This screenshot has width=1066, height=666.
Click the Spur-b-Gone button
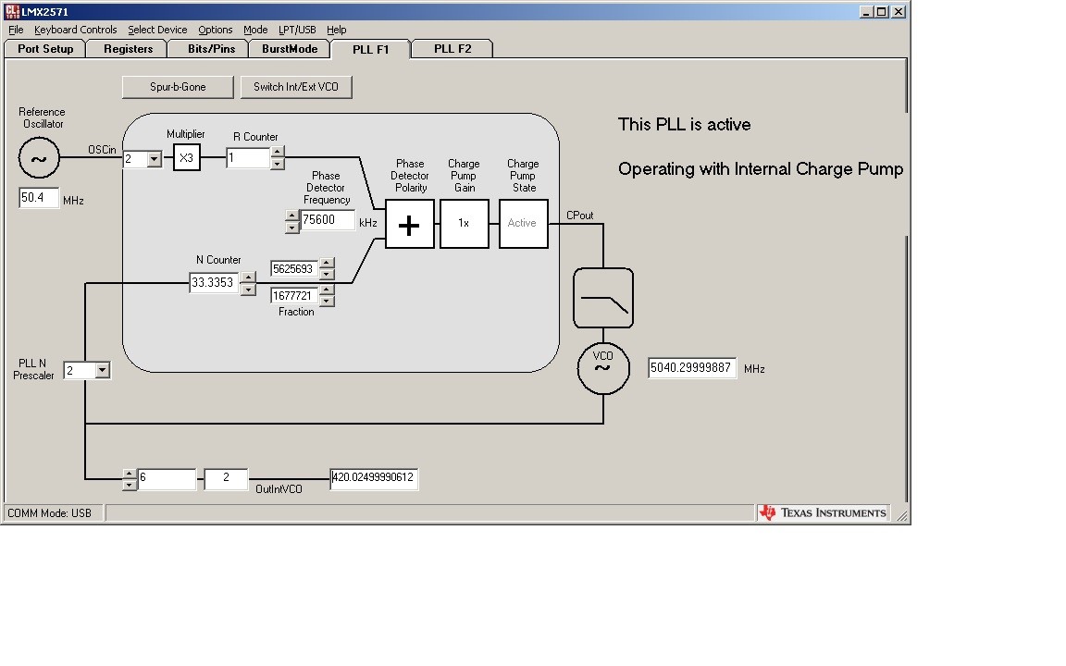click(x=178, y=87)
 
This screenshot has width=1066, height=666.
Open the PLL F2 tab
click(x=452, y=49)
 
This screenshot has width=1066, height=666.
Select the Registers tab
click(x=128, y=49)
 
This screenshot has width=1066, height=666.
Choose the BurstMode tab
click(x=290, y=49)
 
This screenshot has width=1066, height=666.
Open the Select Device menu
click(x=157, y=30)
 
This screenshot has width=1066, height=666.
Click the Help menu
click(x=337, y=30)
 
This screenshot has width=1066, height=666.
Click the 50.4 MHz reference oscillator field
click(x=39, y=198)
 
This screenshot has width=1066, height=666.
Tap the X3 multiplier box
click(x=186, y=157)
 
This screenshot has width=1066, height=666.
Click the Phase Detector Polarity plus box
click(x=409, y=224)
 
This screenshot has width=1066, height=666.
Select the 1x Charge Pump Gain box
click(x=465, y=224)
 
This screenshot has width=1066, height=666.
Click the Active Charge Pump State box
click(x=524, y=224)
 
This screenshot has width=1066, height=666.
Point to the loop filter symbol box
click(x=603, y=298)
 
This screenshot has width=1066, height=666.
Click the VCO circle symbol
click(x=603, y=368)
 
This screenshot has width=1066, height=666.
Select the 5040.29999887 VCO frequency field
click(x=692, y=368)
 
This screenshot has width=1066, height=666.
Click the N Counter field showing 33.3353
click(x=214, y=283)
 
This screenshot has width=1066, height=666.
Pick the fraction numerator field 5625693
click(x=294, y=269)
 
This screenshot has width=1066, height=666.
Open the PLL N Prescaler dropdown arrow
click(x=102, y=370)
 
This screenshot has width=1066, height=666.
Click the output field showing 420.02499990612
click(x=374, y=478)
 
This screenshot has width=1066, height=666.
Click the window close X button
click(x=899, y=11)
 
